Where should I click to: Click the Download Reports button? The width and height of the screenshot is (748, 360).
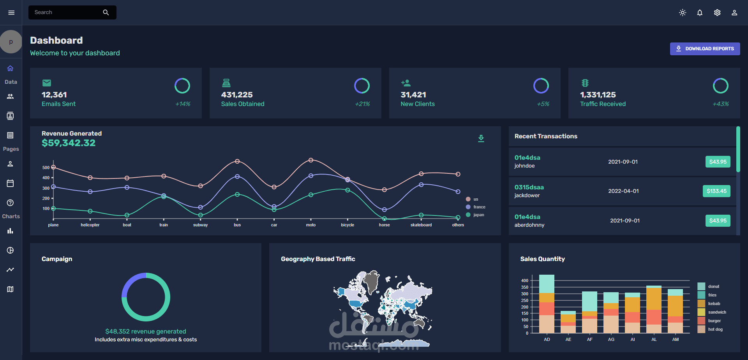click(705, 49)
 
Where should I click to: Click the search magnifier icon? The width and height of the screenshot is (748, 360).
click(106, 12)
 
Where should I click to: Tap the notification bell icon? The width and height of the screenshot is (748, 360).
click(700, 12)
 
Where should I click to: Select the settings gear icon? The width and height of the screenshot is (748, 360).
click(717, 12)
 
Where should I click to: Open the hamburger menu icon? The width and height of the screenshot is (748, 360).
click(11, 12)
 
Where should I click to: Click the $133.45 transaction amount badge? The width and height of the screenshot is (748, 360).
click(716, 191)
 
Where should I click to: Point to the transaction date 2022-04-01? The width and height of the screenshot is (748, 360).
click(623, 191)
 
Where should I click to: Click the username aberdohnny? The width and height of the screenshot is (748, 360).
click(529, 225)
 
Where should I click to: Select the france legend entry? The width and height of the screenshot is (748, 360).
click(476, 207)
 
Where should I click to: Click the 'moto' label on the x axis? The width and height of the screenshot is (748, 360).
click(311, 225)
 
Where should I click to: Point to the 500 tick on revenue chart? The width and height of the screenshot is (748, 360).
click(46, 168)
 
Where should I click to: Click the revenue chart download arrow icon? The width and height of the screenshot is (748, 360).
click(481, 138)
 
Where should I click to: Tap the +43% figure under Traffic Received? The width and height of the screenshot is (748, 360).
click(720, 104)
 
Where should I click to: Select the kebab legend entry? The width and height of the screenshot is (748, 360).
click(709, 304)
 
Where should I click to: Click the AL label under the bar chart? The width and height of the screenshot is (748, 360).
click(654, 339)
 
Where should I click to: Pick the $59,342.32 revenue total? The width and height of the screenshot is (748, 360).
click(69, 143)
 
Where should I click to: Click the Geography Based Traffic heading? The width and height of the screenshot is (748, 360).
click(318, 259)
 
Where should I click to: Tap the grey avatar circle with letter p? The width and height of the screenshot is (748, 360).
click(11, 42)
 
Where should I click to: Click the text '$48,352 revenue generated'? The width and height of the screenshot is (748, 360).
click(146, 332)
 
